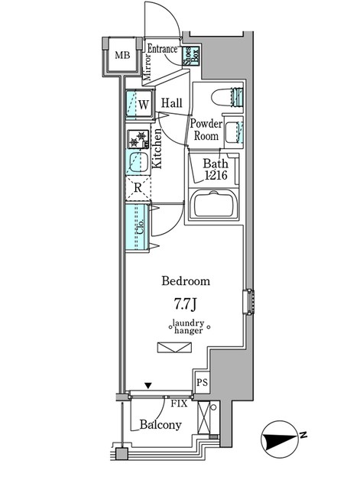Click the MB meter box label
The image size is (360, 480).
[x=122, y=55]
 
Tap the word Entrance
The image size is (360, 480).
[x=162, y=49]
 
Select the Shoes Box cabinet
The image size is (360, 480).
[x=191, y=56]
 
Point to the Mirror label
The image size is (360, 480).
[x=148, y=67]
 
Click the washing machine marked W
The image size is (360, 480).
[x=140, y=104]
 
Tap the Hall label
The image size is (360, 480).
[x=172, y=103]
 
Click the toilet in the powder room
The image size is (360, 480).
[x=228, y=97]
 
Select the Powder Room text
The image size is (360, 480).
[x=206, y=130]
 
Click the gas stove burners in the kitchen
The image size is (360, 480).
[x=138, y=138]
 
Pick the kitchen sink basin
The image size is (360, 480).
[x=138, y=162]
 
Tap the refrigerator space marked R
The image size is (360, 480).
[x=138, y=188]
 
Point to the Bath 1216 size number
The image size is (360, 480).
[x=216, y=175]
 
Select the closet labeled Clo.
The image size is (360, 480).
[x=138, y=227]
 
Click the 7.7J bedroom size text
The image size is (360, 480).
[x=185, y=304]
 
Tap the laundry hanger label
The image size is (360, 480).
[x=188, y=326]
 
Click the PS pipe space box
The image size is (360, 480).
[x=202, y=382]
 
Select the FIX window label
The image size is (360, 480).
[x=179, y=404]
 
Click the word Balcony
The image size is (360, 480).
[x=161, y=425]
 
